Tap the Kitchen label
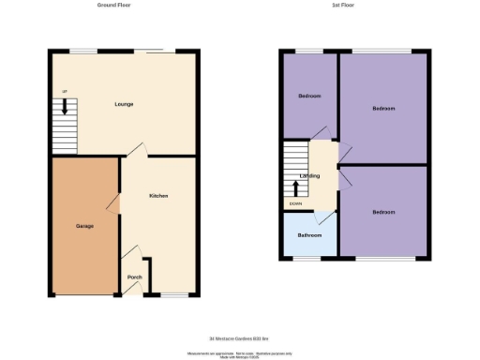(158, 195)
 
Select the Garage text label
(84, 226)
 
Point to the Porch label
(134, 277)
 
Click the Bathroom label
(310, 234)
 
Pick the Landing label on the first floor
(309, 175)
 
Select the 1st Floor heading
(343, 6)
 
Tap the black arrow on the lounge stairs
(65, 108)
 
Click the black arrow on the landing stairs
(298, 187)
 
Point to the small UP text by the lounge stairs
(64, 91)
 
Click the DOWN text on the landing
(296, 203)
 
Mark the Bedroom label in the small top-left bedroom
(309, 97)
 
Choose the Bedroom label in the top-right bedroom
(383, 109)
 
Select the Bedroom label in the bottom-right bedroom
(383, 212)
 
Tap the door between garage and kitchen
(114, 203)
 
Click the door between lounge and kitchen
(136, 150)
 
